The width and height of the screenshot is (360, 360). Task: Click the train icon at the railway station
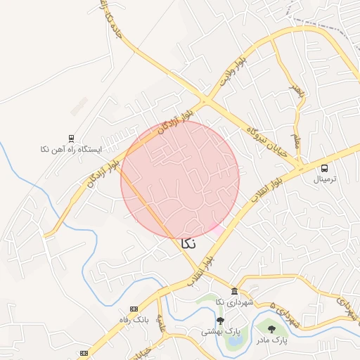[x=71, y=139]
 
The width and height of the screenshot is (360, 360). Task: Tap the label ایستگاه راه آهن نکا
[x=71, y=150]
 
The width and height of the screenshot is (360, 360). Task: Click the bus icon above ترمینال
[x=324, y=168]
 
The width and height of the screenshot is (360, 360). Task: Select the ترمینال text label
[x=325, y=179]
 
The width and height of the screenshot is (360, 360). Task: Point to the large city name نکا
[x=188, y=243]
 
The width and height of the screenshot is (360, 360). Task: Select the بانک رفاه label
[x=134, y=319]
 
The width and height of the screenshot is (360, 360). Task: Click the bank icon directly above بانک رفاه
[x=134, y=309]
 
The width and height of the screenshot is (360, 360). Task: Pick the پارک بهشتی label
[x=221, y=330]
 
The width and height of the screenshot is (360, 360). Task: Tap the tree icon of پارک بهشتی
[x=220, y=321]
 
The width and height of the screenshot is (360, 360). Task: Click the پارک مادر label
[x=271, y=340]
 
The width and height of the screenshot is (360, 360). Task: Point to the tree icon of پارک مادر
[x=271, y=328]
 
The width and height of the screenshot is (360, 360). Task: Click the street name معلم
[x=297, y=141]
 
